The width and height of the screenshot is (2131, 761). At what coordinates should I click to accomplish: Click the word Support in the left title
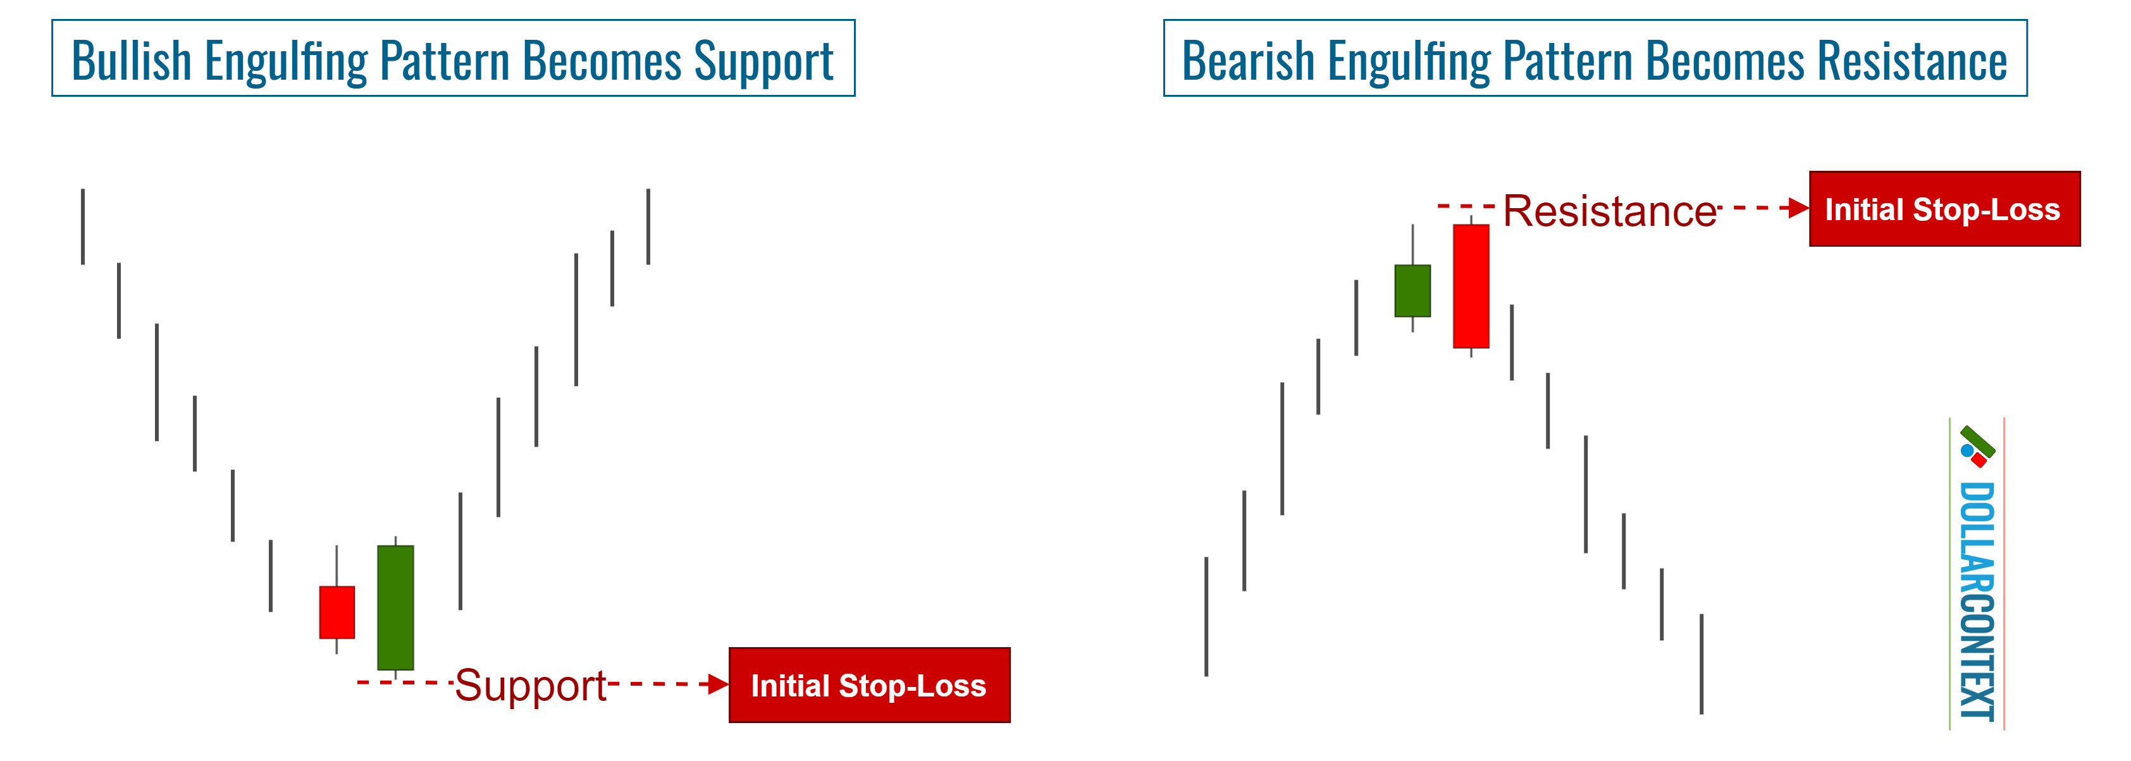coord(763,61)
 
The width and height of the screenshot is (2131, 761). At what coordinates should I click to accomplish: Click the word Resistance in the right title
coord(1911,61)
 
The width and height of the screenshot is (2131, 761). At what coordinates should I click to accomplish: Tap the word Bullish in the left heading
coord(132,61)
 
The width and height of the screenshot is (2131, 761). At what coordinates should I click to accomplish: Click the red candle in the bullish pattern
coord(337,612)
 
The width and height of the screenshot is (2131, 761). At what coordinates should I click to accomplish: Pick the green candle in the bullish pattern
coord(395,607)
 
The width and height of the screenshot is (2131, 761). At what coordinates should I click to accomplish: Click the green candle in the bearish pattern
coord(1412,290)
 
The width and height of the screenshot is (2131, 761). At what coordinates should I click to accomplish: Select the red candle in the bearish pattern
coord(1471,286)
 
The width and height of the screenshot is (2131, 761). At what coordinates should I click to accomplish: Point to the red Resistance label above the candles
coord(1609,211)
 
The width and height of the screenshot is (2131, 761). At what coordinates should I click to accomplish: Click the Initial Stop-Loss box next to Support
coord(868,685)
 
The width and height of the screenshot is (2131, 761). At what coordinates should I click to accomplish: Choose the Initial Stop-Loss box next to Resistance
coord(1944,209)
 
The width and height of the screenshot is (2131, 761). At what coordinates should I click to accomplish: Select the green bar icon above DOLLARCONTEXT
coord(1978,441)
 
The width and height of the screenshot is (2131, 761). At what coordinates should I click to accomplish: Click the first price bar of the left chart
coord(83,226)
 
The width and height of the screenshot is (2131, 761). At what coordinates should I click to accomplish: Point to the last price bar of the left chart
coord(648,226)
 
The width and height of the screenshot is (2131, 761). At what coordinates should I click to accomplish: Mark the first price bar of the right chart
coord(1206,616)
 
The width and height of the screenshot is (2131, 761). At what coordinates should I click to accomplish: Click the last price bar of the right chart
coord(1701,664)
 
